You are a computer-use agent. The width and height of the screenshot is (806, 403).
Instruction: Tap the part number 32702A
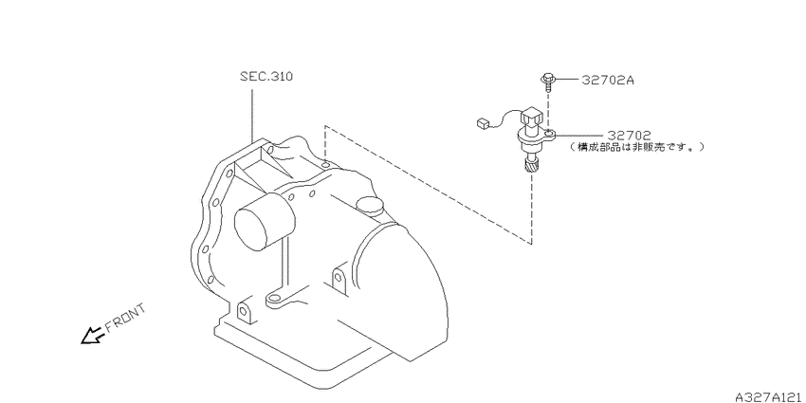[608, 81]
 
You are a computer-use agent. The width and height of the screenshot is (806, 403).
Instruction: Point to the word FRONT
[124, 320]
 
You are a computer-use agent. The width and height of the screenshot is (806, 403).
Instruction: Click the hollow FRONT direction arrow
[92, 334]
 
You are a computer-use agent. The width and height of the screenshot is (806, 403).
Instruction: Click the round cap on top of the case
[367, 205]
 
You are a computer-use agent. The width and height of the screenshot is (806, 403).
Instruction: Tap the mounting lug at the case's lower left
[245, 312]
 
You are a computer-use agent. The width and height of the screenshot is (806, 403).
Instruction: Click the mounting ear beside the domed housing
[338, 280]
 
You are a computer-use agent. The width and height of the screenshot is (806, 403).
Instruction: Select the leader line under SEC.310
[251, 114]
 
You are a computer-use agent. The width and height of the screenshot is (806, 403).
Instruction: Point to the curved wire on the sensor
[509, 117]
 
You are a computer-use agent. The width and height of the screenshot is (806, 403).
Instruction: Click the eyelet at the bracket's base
[273, 301]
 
